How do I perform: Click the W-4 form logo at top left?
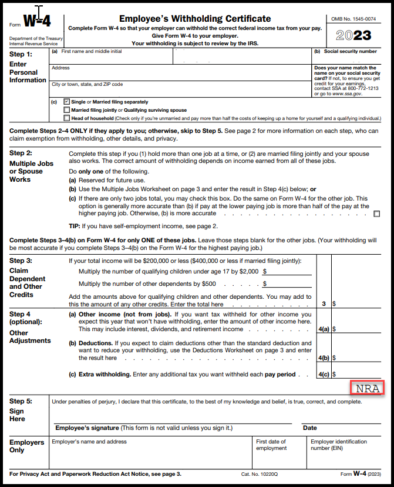coord(37,22)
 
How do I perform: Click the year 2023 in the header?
coord(353,35)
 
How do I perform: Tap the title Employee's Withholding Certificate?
coord(195,19)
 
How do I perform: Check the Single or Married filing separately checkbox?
coord(67,102)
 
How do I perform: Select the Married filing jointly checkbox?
coord(67,110)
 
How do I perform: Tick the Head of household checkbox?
coord(67,118)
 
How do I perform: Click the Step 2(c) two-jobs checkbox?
coord(376,214)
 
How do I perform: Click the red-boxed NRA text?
coord(367,388)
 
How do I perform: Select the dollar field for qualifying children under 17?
coord(288,271)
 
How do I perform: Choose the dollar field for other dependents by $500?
coord(288,283)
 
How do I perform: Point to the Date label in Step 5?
coord(309,428)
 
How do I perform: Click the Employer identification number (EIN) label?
coord(339,445)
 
